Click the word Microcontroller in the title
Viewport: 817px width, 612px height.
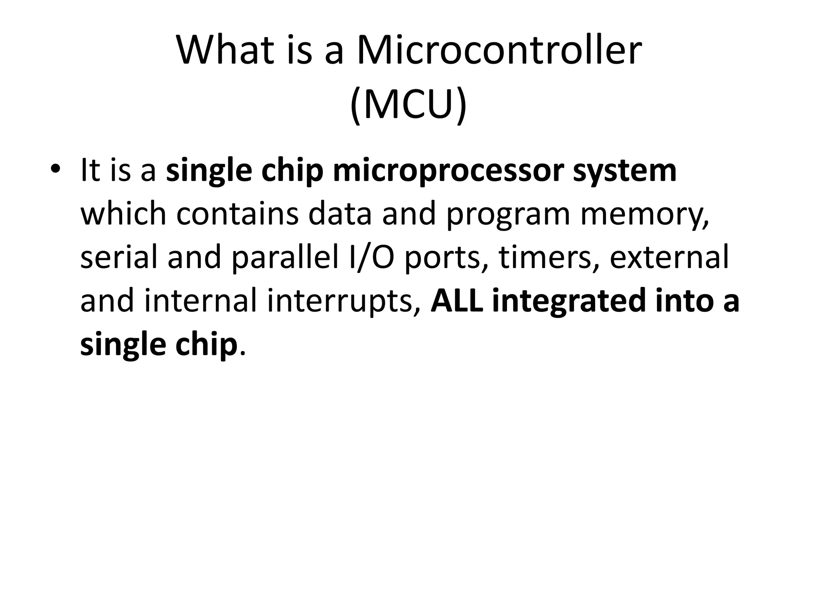pos(499,51)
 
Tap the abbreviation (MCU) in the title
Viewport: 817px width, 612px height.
pos(408,104)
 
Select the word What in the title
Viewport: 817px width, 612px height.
pos(225,51)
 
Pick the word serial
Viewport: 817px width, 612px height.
pos(119,257)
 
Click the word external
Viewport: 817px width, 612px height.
pos(669,257)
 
